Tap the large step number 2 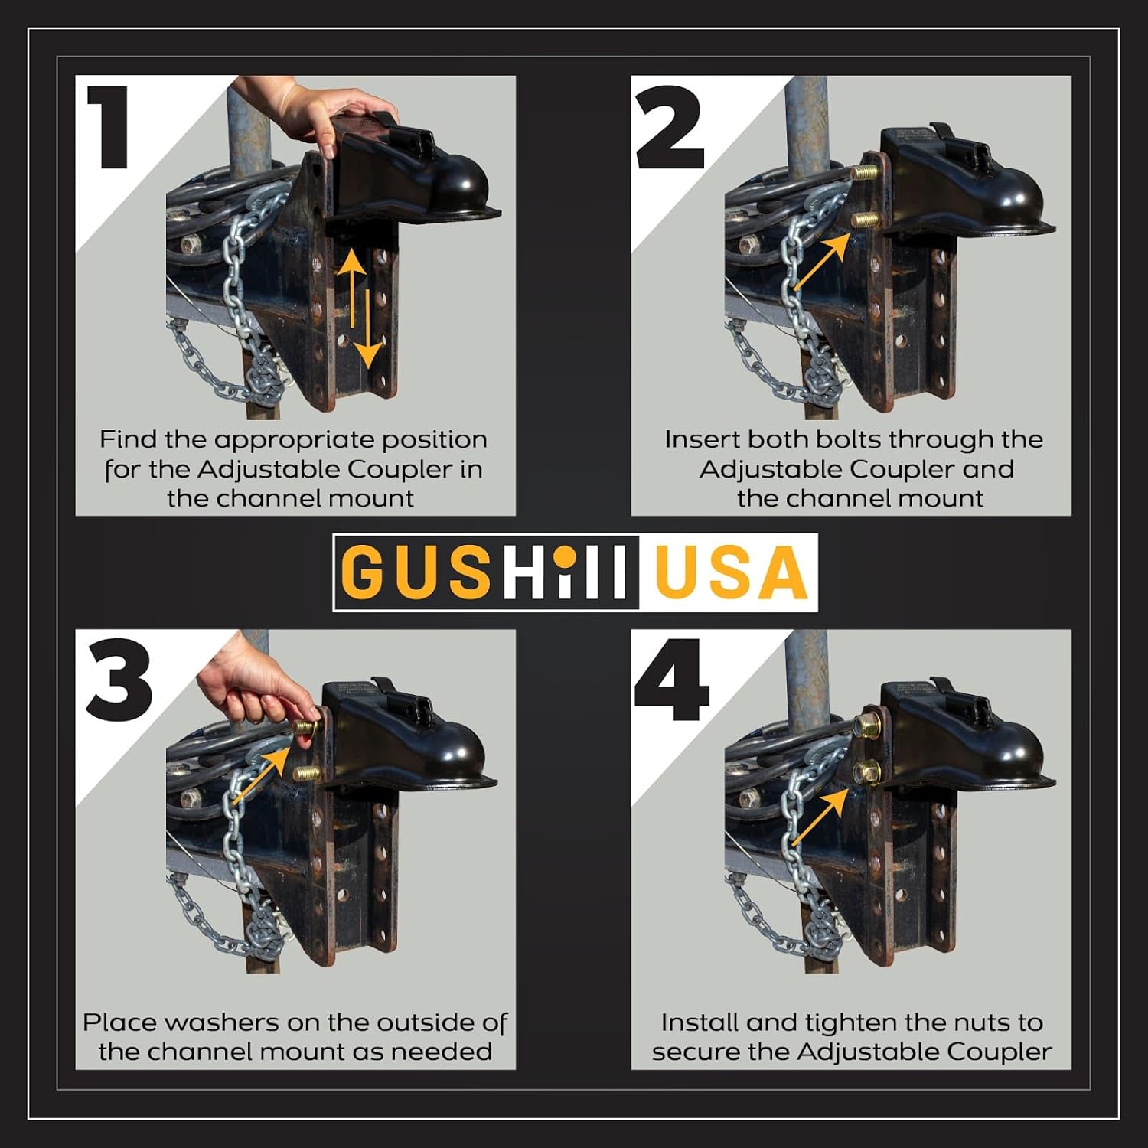(x=669, y=127)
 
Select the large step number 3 (x=119, y=680)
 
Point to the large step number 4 (x=670, y=680)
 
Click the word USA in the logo (x=731, y=572)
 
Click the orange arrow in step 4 (x=820, y=817)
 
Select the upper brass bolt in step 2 (x=864, y=172)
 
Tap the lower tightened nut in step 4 (x=867, y=773)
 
